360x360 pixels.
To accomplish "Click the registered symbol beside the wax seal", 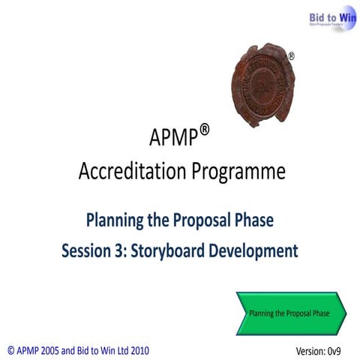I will (291, 56).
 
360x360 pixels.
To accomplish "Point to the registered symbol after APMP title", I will (205, 130).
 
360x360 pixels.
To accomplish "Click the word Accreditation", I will (125, 172).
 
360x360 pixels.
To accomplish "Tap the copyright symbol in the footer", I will (10, 349).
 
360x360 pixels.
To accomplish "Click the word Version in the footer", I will (309, 350).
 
